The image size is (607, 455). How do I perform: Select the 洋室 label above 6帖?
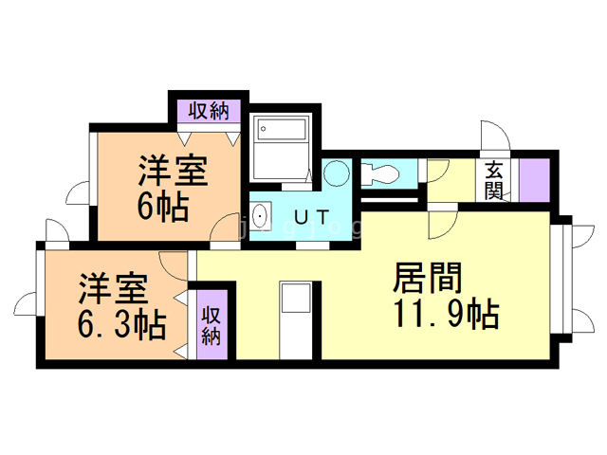coord(172,173)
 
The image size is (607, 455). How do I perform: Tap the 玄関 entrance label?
coord(494,179)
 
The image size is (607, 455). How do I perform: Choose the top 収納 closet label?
coord(207,111)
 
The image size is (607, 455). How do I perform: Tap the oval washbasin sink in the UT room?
coord(264,217)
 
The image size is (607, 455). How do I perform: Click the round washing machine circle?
coord(336,173)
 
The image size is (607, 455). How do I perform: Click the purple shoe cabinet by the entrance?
coord(532,178)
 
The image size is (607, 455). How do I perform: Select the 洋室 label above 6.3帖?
coord(111,286)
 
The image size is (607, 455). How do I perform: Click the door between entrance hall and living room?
coord(441,224)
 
